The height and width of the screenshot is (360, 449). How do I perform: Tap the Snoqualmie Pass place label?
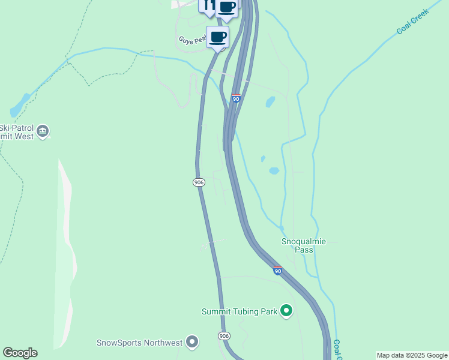coord(304,245)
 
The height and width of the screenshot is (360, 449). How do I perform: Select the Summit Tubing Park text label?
coord(240,311)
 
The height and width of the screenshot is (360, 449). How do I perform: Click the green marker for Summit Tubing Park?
coord(287,311)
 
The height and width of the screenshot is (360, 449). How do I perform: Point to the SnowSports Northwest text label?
coord(139,343)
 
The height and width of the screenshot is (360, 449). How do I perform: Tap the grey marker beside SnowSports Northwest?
coord(192,342)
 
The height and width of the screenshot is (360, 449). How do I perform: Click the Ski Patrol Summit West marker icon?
coord(43,131)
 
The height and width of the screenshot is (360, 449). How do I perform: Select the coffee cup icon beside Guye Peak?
coord(218,37)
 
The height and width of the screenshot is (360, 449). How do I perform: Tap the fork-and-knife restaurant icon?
coord(208,5)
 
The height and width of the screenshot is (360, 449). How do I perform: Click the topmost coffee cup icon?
coord(227,7)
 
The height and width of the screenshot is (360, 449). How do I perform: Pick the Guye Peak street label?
coord(191,41)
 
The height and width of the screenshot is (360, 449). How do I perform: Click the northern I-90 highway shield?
coord(237,98)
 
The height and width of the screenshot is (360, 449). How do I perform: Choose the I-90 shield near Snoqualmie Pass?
coord(277,271)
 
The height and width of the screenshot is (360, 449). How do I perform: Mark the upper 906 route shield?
coord(199,182)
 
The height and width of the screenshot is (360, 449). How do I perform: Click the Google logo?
coord(20,353)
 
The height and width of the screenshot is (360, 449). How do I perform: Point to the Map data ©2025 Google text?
coord(412,355)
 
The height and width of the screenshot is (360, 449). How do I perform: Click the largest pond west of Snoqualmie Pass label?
coord(274,170)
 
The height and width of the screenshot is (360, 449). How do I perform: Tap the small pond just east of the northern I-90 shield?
coord(270,101)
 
